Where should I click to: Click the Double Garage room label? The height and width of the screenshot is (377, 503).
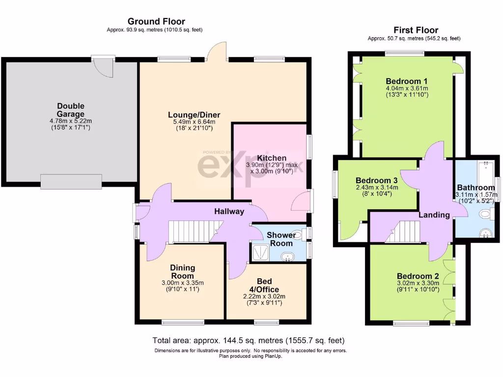(x=71, y=109)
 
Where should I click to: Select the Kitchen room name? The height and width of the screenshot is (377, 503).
(x=272, y=158)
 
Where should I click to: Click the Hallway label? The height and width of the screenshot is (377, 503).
(x=229, y=212)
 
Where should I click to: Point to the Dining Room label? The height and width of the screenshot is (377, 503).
(x=183, y=271)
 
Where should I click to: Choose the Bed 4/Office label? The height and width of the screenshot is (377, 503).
(x=264, y=285)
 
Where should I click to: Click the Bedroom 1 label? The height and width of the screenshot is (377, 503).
(x=407, y=81)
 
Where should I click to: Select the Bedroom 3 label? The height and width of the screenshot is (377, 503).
(x=377, y=180)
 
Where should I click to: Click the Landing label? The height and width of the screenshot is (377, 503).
(x=434, y=215)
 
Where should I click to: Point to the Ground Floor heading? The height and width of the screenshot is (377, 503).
(x=156, y=21)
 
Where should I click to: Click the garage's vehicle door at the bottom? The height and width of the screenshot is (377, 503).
(x=71, y=182)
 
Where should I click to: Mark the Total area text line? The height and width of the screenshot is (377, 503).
(x=249, y=340)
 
